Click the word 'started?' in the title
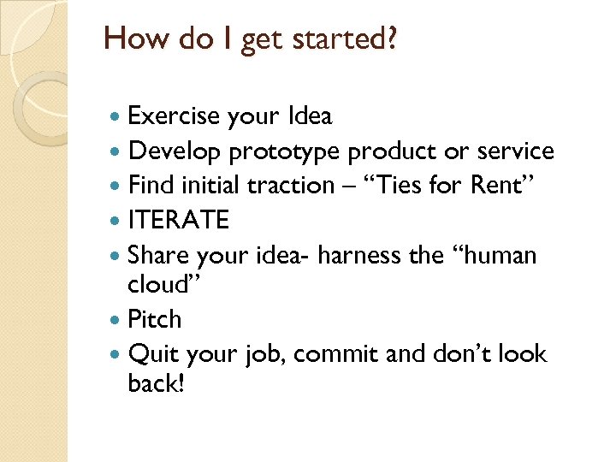tap(348, 40)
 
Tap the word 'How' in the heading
tap(133, 39)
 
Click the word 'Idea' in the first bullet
tap(310, 115)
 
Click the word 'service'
tap(515, 151)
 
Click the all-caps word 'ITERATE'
tap(178, 220)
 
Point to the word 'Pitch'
tap(154, 319)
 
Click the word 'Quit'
tap(152, 354)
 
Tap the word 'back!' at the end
tap(156, 383)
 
